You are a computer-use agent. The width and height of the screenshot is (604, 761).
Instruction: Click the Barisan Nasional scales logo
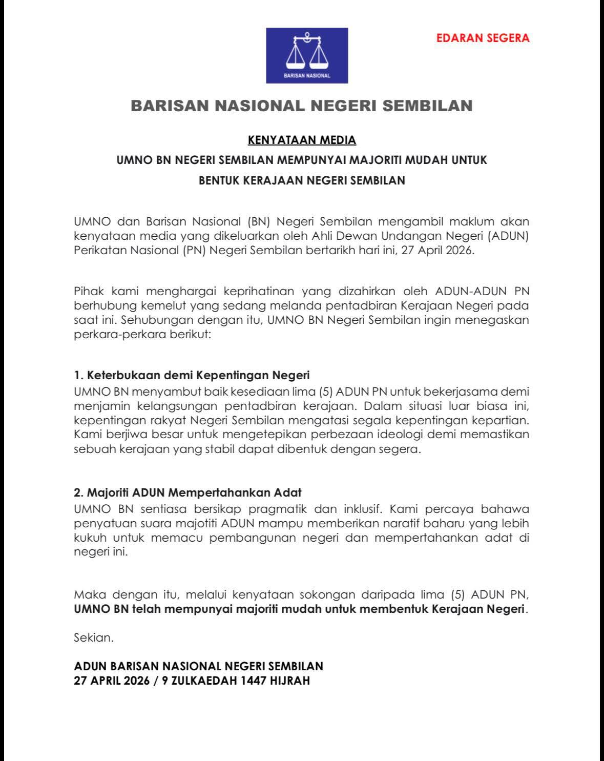[x=307, y=55]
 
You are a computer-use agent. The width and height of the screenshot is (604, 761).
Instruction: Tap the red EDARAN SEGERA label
[x=483, y=38]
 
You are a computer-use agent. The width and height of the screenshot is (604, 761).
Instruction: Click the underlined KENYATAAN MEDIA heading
[x=302, y=140]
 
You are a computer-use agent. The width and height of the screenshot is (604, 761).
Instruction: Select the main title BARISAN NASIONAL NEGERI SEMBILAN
[x=302, y=106]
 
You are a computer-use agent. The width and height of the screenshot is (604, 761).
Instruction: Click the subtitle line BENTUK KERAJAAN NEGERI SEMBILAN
[x=302, y=180]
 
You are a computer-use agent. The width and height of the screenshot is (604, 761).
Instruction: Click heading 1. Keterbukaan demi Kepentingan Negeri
[x=192, y=375]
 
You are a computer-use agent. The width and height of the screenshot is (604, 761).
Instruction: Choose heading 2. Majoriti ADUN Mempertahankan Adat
[x=188, y=493]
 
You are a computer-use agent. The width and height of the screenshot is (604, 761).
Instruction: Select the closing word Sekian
[x=93, y=639]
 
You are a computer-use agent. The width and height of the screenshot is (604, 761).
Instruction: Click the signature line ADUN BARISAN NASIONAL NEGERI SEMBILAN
[x=199, y=666]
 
